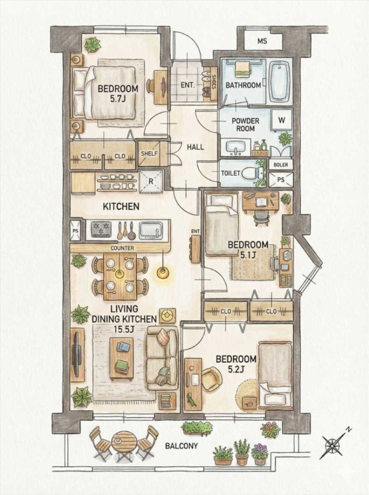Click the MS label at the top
(262, 41)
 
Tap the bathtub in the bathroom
(279, 82)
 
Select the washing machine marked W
(282, 120)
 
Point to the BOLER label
(280, 164)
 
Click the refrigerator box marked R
(151, 182)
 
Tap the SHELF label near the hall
(149, 154)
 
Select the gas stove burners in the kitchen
(102, 229)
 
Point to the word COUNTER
(122, 248)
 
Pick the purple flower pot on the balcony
(260, 454)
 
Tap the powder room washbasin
(236, 148)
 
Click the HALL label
(195, 147)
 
